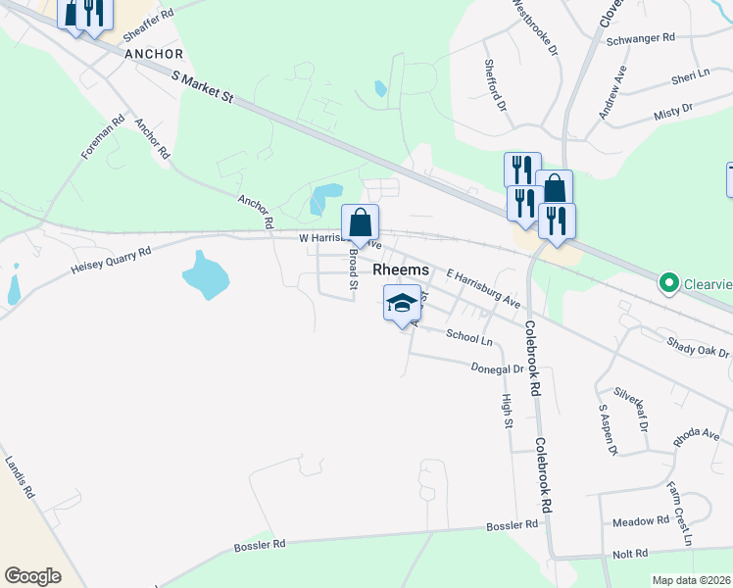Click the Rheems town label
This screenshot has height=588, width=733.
click(x=399, y=270)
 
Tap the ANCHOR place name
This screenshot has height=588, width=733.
click(x=155, y=53)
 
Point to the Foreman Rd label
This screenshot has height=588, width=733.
click(x=104, y=139)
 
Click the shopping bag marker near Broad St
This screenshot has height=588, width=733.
click(x=360, y=222)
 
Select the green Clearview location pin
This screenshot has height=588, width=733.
click(x=670, y=284)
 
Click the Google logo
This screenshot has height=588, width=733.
click(x=33, y=575)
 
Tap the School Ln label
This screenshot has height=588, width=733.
click(x=468, y=336)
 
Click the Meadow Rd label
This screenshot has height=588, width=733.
click(x=641, y=520)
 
